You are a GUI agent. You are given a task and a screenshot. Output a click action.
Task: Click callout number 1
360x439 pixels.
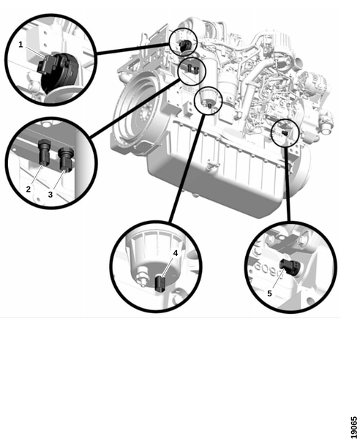[20, 45]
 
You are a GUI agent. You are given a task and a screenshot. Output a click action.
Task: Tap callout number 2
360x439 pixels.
[28, 189]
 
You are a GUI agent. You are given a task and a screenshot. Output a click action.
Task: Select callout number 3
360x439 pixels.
[50, 195]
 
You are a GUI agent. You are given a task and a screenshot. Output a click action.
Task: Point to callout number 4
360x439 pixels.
[176, 253]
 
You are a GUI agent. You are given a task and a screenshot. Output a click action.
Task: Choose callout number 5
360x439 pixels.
[269, 293]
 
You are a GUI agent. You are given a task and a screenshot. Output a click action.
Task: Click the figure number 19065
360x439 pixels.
[354, 427]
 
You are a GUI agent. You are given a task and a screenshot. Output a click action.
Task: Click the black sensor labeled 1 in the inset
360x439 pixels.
[56, 70]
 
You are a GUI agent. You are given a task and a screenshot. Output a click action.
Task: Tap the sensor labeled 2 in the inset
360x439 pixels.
[44, 151]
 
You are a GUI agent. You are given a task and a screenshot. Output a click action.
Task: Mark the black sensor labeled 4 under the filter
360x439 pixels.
[160, 284]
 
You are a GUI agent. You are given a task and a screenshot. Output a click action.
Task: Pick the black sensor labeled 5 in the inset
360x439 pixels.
[290, 267]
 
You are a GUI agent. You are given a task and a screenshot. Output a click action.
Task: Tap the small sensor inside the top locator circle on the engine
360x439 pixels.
[185, 45]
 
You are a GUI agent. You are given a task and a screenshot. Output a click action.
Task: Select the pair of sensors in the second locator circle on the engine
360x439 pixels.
[193, 68]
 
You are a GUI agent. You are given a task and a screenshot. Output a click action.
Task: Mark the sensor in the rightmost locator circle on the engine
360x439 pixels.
[285, 133]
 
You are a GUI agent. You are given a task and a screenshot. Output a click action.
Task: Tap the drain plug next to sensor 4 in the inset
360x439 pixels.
[142, 276]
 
